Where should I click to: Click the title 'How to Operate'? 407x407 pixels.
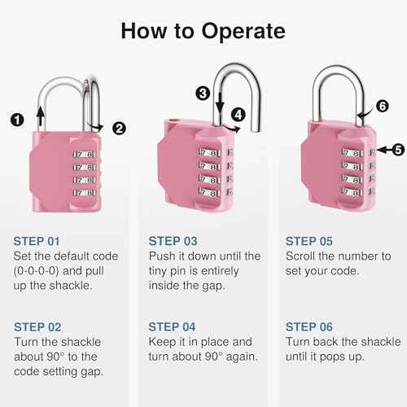[203, 32]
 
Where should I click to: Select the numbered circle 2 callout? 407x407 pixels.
[119, 127]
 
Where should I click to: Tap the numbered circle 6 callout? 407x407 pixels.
[383, 105]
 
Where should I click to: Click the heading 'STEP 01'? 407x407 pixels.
[37, 241]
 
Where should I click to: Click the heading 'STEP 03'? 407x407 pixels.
[173, 241]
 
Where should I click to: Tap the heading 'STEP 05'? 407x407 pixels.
[310, 241]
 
